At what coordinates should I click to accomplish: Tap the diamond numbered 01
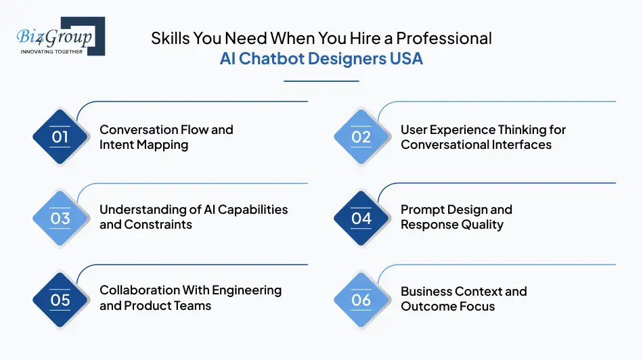click(60, 137)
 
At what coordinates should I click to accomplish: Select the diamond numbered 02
click(361, 137)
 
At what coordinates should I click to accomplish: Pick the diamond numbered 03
click(60, 218)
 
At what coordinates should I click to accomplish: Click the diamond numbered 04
click(361, 218)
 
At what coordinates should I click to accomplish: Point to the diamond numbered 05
click(60, 299)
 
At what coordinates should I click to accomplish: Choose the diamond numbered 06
click(361, 299)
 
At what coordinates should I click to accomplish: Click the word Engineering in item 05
click(246, 290)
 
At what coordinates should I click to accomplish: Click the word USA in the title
click(406, 58)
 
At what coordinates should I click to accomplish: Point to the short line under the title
click(321, 81)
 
